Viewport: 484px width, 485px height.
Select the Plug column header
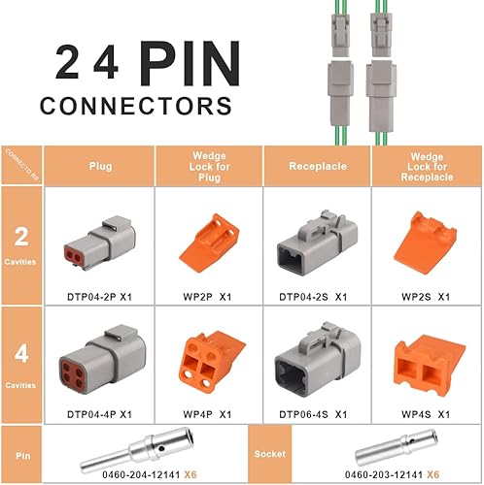[100, 165]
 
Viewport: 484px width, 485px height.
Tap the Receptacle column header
[316, 165]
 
